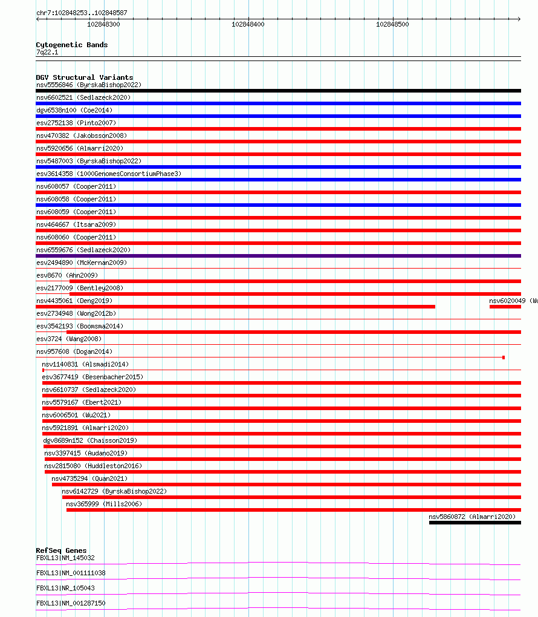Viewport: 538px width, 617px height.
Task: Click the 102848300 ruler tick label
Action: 103,24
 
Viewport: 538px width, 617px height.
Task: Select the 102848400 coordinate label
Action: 248,24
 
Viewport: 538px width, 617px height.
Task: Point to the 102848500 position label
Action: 392,24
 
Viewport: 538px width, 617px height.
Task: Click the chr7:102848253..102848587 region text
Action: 82,13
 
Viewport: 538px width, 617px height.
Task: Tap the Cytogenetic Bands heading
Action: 71,45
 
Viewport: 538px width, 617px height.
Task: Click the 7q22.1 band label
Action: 47,53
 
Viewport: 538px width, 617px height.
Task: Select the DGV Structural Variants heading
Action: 84,77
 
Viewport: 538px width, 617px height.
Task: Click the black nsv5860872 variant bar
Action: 475,523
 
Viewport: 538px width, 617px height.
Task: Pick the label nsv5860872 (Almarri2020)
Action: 472,517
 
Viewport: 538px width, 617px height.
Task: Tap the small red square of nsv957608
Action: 504,357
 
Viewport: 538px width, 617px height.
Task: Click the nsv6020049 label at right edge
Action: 513,301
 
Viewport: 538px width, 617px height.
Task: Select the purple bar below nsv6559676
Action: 278,256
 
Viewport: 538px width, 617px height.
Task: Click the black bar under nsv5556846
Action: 278,91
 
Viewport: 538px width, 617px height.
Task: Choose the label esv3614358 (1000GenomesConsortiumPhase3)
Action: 108,174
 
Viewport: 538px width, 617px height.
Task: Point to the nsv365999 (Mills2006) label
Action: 104,504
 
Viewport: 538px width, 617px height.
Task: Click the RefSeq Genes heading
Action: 61,550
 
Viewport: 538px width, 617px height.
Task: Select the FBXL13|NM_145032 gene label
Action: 65,558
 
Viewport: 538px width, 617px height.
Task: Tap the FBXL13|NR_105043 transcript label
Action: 65,588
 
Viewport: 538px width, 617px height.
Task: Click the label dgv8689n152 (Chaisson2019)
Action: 90,440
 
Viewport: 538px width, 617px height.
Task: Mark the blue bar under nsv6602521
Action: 278,103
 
